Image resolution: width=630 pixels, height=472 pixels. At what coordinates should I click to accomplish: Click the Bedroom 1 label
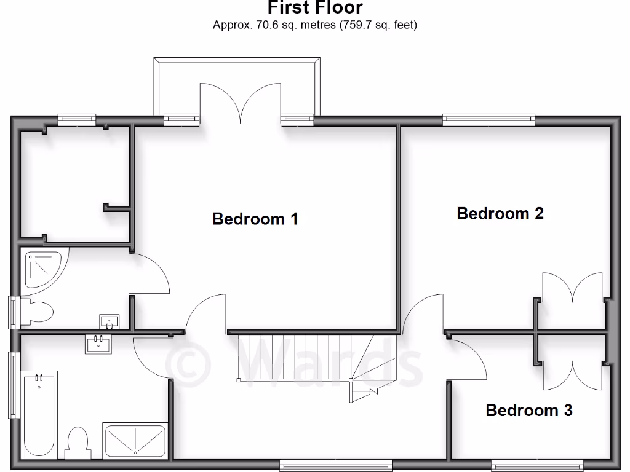[255, 219]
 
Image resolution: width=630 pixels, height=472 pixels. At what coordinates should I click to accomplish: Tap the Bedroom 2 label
[500, 213]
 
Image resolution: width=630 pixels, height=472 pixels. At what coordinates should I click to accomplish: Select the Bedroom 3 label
[529, 410]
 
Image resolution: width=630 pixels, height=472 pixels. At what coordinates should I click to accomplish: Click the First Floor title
[315, 8]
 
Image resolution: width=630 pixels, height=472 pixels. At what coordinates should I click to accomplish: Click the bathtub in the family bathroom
[41, 415]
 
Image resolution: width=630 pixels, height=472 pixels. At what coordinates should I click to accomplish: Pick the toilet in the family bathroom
[78, 442]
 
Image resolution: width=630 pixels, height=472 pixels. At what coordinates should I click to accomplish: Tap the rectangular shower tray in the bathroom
[134, 441]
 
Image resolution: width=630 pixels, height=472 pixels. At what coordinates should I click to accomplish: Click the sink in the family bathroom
[98, 343]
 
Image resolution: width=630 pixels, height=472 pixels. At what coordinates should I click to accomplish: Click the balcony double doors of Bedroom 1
[241, 104]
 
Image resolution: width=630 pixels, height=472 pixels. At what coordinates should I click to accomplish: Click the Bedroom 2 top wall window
[488, 120]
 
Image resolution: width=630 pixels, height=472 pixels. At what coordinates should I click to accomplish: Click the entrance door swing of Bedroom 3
[468, 360]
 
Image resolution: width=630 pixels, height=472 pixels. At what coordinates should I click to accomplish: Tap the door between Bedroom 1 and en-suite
[151, 275]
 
